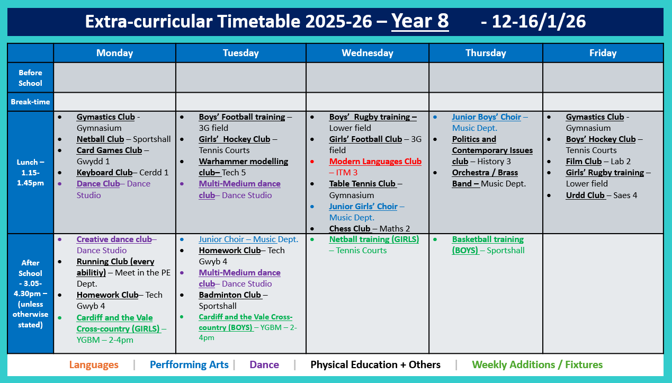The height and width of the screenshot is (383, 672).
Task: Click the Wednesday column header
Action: tap(367, 53)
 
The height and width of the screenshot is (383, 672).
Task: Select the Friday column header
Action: tap(603, 53)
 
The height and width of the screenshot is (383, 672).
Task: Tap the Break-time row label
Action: tap(30, 101)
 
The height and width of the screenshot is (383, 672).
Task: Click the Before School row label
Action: tap(30, 78)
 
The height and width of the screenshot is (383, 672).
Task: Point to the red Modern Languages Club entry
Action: tap(375, 162)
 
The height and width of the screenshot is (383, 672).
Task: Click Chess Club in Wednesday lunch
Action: tap(350, 229)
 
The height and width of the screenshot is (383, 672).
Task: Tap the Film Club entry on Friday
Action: tap(584, 162)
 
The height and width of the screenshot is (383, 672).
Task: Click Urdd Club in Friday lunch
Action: tap(585, 195)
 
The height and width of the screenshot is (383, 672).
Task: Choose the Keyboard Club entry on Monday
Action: tap(104, 173)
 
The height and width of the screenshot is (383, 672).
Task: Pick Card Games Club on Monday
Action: tap(109, 150)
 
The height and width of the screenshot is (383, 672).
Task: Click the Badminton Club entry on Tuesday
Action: tap(230, 295)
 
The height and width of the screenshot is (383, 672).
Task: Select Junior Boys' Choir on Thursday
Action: tap(486, 117)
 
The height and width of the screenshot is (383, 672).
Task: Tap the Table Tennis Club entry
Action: tap(362, 184)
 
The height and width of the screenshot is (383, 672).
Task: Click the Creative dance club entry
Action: tap(114, 239)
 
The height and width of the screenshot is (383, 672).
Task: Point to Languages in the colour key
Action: tap(94, 365)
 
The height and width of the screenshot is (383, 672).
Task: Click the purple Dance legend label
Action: tap(264, 365)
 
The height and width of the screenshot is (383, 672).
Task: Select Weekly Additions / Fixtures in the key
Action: tap(537, 365)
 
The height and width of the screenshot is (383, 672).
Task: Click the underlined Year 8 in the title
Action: tap(420, 21)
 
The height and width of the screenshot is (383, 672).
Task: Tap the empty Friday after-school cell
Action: tap(603, 293)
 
